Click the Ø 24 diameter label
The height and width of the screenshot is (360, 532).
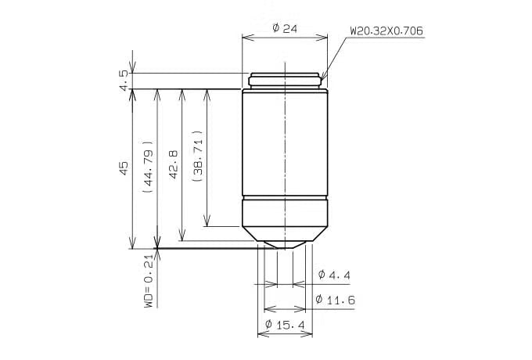(x=285, y=28)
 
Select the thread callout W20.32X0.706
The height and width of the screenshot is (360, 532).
(x=386, y=31)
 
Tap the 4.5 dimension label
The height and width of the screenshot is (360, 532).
(x=124, y=81)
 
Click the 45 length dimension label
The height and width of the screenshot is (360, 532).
(x=124, y=168)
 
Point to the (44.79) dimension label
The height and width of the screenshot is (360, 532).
(x=149, y=167)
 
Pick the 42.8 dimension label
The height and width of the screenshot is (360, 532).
(x=174, y=164)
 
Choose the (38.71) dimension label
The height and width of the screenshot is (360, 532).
(x=197, y=156)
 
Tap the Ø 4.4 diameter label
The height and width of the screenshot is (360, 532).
(x=334, y=275)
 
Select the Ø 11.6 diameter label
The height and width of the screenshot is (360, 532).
(x=335, y=300)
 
